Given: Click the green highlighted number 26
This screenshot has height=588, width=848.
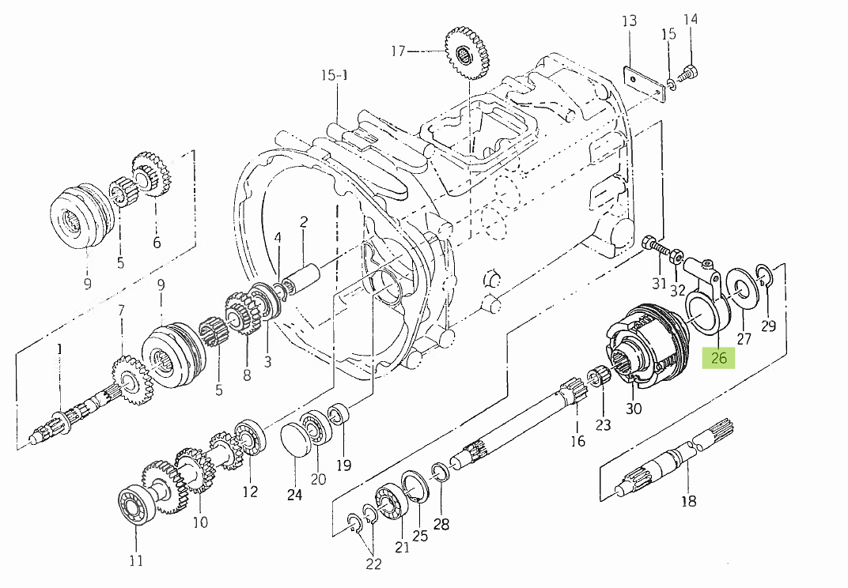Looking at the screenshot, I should pos(718,358).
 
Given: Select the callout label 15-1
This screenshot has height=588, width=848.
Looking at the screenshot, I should pos(334,76).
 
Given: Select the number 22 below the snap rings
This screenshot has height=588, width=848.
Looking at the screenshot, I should pos(373,563).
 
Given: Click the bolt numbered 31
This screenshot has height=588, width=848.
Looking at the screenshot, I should pos(653,244).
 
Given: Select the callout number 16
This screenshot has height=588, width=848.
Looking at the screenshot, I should pos(578,440).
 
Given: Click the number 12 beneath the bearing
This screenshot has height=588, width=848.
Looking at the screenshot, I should pos(250,491).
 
